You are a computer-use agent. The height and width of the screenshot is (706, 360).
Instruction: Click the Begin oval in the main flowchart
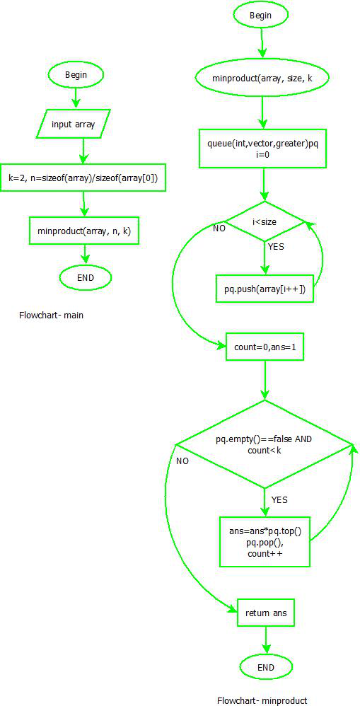tap(76, 74)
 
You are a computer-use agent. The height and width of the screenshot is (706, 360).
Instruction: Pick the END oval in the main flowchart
tap(86, 277)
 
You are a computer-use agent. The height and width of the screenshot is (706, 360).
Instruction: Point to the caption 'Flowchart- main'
tap(51, 315)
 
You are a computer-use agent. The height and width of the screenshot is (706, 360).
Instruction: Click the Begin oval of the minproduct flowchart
tap(262, 15)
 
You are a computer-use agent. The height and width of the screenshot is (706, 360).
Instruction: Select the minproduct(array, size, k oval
tap(262, 77)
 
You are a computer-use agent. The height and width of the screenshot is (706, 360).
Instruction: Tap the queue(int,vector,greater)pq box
tap(262, 148)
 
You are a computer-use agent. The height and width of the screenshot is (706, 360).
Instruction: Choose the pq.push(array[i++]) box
tap(264, 289)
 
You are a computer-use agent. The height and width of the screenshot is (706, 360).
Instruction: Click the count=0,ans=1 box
tap(264, 348)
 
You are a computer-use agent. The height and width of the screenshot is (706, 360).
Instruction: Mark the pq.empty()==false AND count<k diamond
tap(264, 444)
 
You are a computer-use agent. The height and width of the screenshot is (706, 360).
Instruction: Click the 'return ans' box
tap(265, 613)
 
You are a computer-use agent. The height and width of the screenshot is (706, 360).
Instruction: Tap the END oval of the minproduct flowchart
tap(266, 666)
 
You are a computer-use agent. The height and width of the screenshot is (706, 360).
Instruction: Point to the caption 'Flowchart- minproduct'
tap(262, 700)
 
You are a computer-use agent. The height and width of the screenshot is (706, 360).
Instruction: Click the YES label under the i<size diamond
tap(277, 247)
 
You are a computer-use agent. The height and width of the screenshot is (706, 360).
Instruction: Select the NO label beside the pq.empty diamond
tap(182, 461)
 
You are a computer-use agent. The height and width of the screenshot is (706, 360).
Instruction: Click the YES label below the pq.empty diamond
tap(279, 499)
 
